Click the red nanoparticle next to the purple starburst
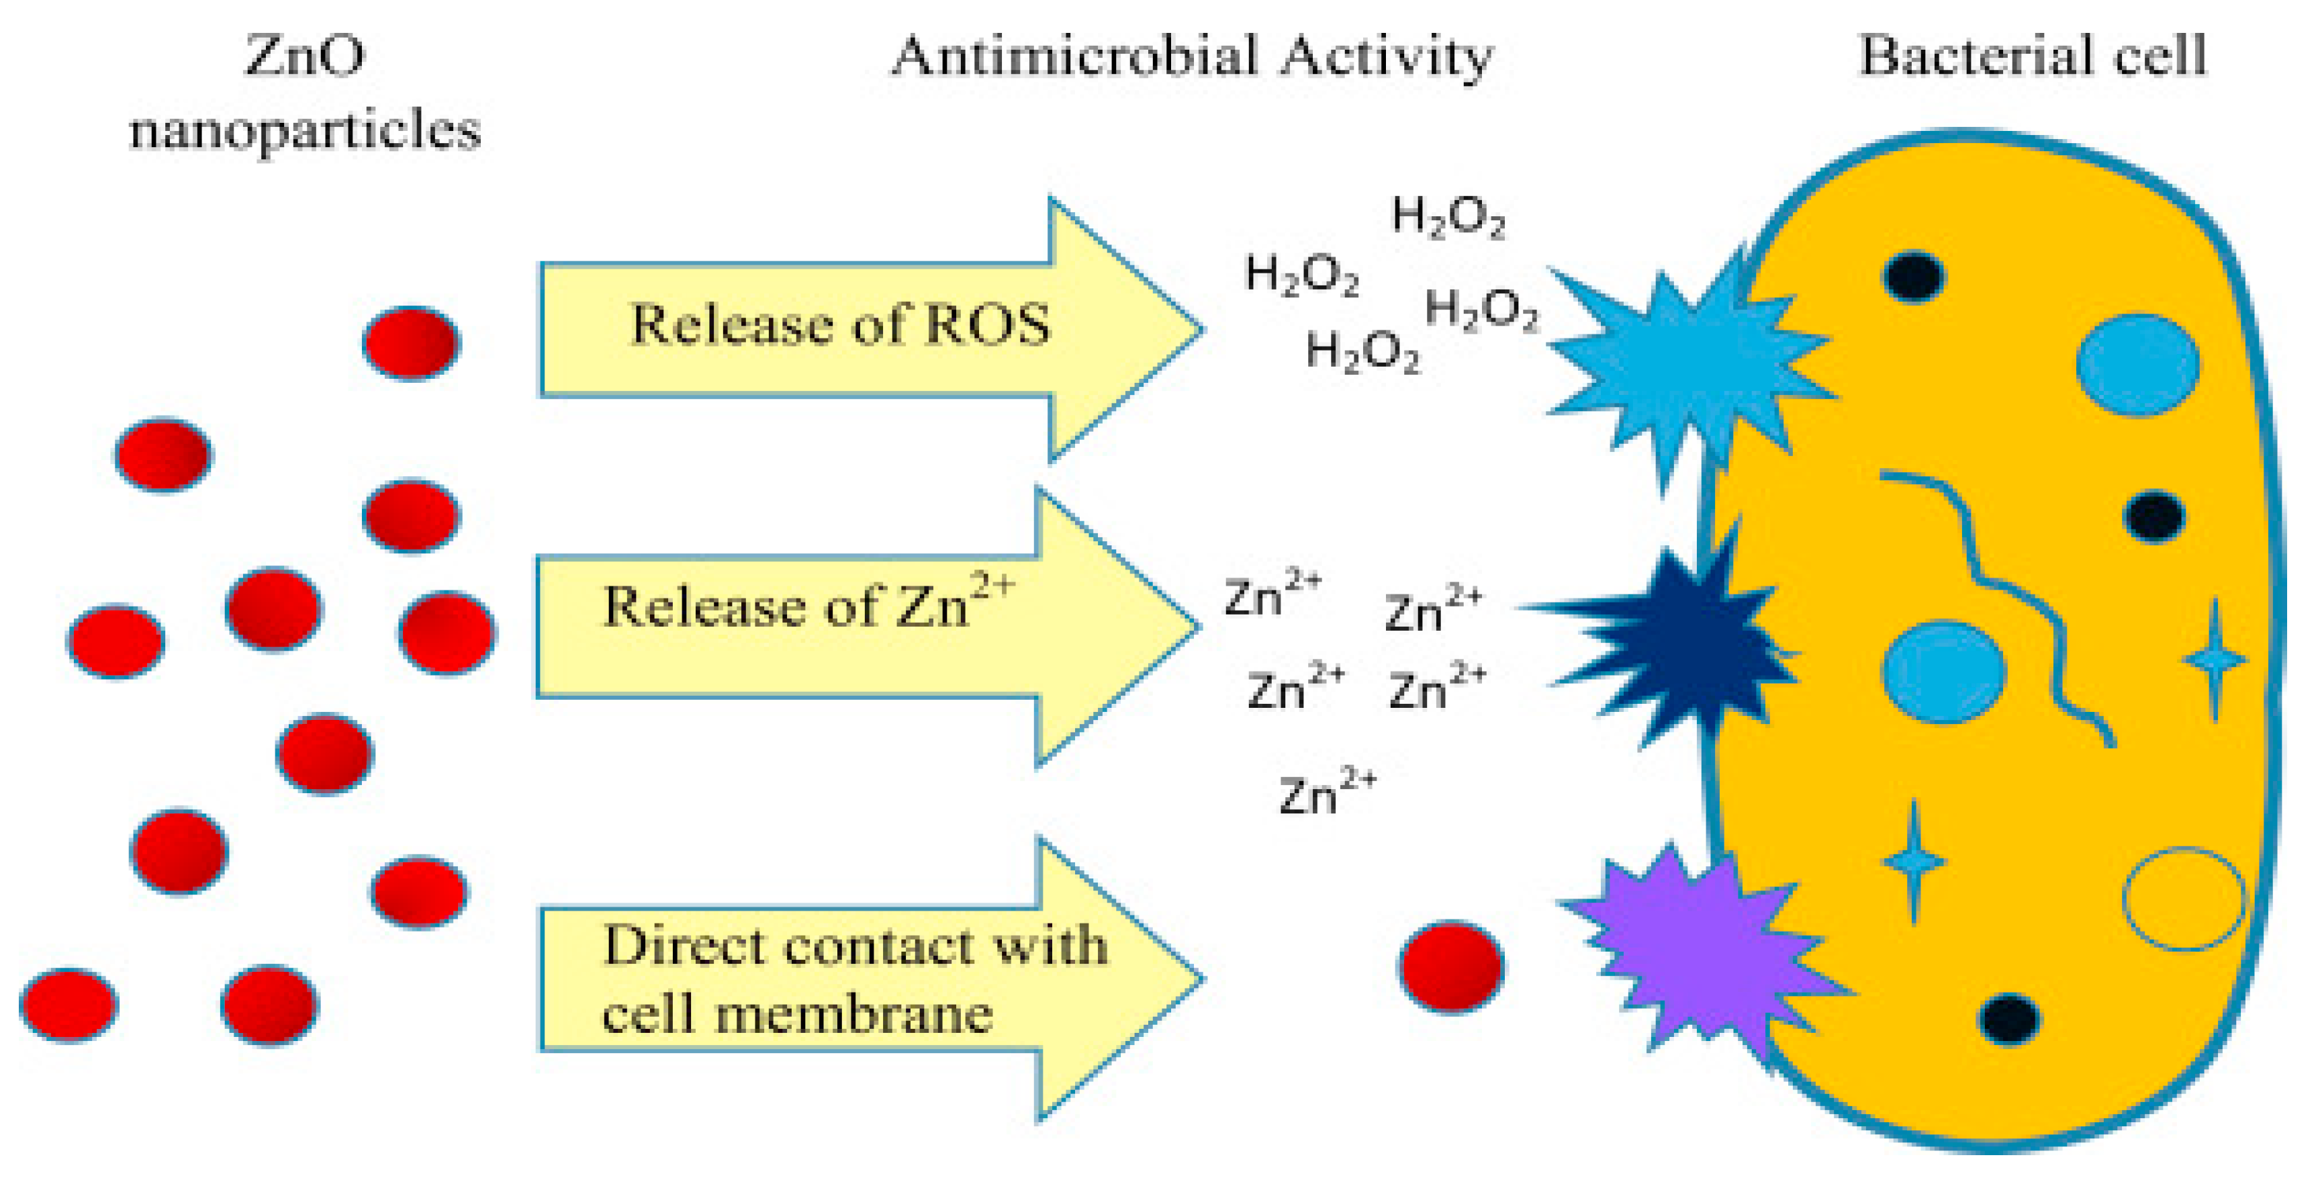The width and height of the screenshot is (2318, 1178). coord(1450,966)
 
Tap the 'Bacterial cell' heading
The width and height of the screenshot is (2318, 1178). coord(2032,56)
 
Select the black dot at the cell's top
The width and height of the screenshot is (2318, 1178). coord(1913,275)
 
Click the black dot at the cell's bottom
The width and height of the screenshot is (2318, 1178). coord(2009,1019)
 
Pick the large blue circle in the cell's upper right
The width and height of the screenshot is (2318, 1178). coord(2137,365)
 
